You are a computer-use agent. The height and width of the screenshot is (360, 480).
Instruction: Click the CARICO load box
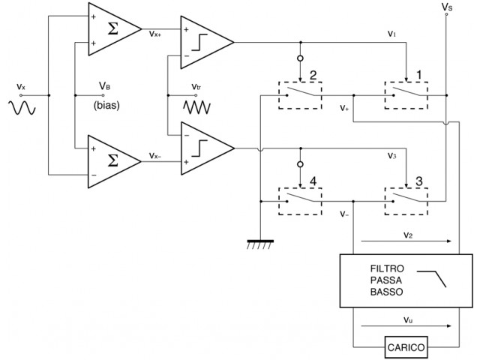[406, 347]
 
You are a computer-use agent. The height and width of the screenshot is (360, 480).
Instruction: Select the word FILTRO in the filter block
[387, 268]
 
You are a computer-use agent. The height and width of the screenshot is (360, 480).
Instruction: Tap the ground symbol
[260, 244]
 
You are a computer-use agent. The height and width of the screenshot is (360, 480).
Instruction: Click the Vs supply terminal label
[447, 7]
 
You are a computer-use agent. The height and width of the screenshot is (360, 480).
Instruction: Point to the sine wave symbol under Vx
[22, 108]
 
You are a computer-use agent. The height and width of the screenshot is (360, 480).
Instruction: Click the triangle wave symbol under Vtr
[196, 108]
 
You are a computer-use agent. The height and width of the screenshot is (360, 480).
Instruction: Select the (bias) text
[106, 105]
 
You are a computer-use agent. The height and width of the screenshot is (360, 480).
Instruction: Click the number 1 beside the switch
[418, 75]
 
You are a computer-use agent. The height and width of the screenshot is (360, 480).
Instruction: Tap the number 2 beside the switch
[313, 75]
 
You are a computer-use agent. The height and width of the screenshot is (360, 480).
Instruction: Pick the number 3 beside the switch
[418, 181]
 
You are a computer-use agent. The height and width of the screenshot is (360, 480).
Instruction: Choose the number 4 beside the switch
[313, 181]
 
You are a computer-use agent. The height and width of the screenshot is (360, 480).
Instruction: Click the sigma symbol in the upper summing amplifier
[113, 29]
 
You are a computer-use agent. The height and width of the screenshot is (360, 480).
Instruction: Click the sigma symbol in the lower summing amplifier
[113, 160]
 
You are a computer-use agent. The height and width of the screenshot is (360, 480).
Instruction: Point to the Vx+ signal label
[155, 34]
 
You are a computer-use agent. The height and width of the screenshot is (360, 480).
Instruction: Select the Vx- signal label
[155, 155]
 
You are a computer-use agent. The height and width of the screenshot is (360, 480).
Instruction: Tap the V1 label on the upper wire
[391, 33]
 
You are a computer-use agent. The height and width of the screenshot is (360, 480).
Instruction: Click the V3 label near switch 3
[391, 155]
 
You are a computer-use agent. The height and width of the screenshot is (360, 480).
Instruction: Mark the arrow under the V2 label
[406, 241]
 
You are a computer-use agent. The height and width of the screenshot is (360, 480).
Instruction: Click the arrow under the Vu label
[406, 325]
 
